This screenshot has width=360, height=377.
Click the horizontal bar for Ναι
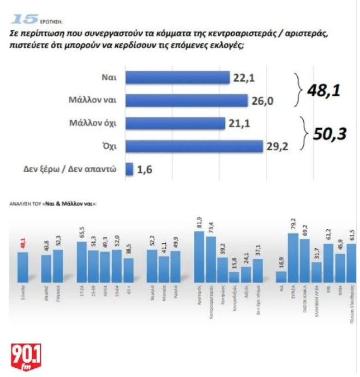point(178,78)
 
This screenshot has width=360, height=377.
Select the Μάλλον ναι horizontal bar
point(186,100)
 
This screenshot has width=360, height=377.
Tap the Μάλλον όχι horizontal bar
point(175,123)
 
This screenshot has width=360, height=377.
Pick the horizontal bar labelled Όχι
point(194,146)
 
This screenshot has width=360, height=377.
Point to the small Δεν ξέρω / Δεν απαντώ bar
point(129,169)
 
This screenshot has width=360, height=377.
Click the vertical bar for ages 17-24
point(82,262)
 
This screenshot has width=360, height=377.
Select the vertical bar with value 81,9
point(199,257)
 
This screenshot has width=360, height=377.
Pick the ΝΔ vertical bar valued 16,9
point(281,276)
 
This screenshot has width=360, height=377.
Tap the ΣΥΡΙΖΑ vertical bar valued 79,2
point(293,257)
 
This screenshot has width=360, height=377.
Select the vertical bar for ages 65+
point(129,270)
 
